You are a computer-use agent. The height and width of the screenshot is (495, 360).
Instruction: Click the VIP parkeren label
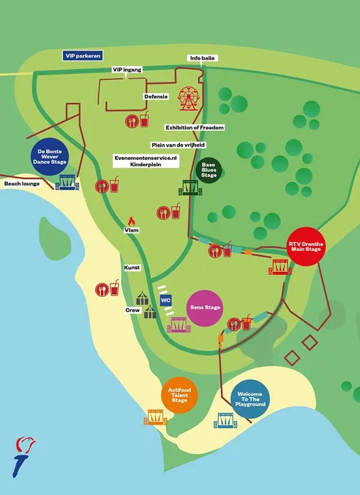[82, 55]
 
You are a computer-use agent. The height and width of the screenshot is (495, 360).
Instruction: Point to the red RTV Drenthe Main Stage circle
[312, 245]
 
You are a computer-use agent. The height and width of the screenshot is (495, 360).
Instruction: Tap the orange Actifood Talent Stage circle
[180, 396]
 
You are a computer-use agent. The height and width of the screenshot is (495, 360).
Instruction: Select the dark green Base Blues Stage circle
[209, 171]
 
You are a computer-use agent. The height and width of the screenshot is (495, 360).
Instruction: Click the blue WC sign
[166, 299]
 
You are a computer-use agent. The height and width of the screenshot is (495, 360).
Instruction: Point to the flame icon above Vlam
[131, 221]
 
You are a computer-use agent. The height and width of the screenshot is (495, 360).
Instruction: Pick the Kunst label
[132, 267]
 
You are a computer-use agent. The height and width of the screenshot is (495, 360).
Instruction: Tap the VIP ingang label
[127, 69]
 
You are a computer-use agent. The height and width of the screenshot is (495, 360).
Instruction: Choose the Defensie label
[156, 96]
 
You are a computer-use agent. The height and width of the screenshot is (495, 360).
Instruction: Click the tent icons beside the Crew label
[147, 305]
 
